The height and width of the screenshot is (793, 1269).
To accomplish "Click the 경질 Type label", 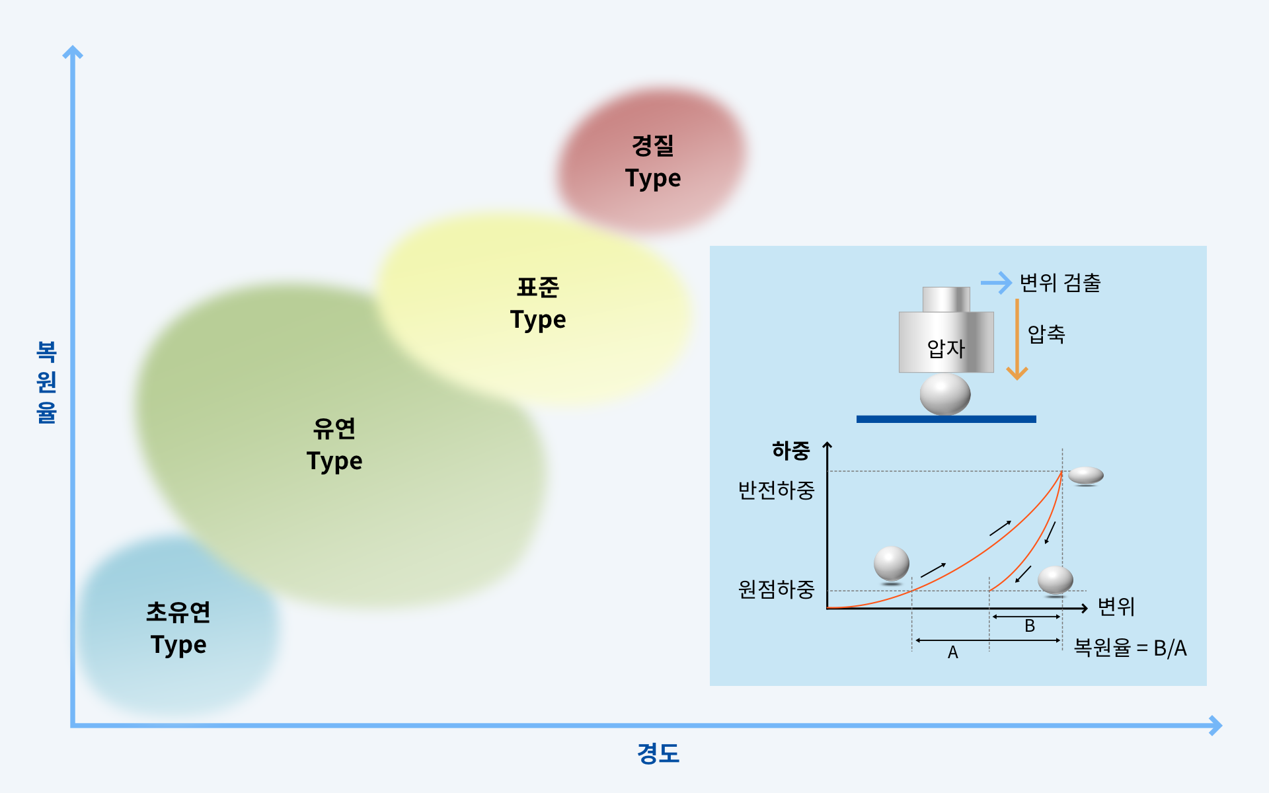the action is pyautogui.click(x=653, y=162).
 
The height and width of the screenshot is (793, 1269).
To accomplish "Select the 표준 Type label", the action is pyautogui.click(x=538, y=303).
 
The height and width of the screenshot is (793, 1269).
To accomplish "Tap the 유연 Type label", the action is pyautogui.click(x=334, y=445).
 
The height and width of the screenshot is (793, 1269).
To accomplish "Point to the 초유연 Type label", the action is pyautogui.click(x=178, y=628).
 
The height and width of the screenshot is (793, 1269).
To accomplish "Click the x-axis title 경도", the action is pyautogui.click(x=658, y=753).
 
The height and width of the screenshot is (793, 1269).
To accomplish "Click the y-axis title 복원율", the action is pyautogui.click(x=46, y=382).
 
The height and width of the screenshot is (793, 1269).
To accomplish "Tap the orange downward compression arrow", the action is pyautogui.click(x=1017, y=339).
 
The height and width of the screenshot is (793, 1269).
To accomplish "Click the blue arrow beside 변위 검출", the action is pyautogui.click(x=996, y=283).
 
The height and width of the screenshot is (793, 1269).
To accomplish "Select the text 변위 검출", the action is pyautogui.click(x=1060, y=283).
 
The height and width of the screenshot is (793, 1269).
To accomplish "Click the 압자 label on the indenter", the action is pyautogui.click(x=946, y=348).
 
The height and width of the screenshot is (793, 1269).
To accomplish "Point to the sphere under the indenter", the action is pyautogui.click(x=945, y=395).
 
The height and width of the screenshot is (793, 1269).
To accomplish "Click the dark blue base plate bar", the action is pyautogui.click(x=946, y=419).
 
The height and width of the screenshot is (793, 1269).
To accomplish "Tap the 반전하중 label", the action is pyautogui.click(x=776, y=490).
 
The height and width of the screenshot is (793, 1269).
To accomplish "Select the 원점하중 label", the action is pyautogui.click(x=776, y=589).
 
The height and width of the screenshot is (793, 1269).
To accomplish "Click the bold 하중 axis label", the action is pyautogui.click(x=791, y=451).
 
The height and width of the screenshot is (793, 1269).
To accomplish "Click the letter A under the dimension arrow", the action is pyautogui.click(x=952, y=652).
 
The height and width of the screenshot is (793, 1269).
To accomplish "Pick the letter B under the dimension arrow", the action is pyautogui.click(x=1030, y=626).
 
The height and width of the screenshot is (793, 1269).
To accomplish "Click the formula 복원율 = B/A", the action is pyautogui.click(x=1130, y=648).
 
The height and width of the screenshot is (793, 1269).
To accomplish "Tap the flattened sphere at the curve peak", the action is pyautogui.click(x=1086, y=475).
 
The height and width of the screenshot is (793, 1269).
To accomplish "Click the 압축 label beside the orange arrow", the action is pyautogui.click(x=1046, y=334).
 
